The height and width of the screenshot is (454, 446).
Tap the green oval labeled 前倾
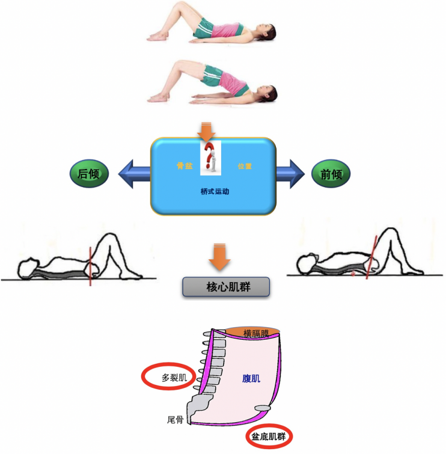[331, 175]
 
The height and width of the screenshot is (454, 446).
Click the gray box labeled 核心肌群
[225, 287]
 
